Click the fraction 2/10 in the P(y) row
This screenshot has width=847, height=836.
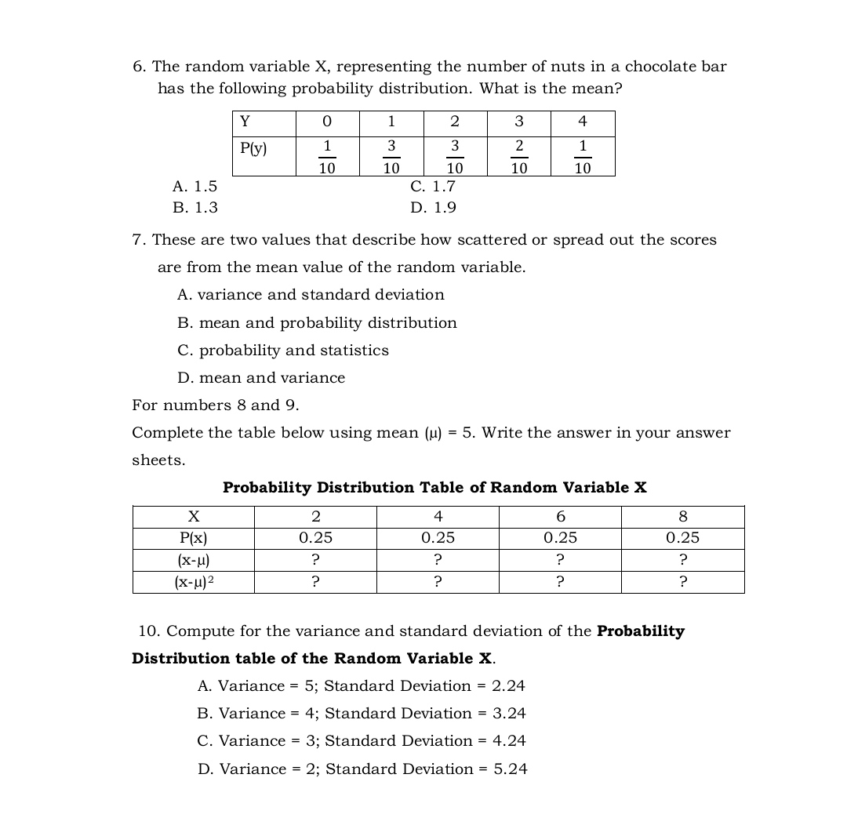point(518,157)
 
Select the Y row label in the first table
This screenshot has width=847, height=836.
point(245,122)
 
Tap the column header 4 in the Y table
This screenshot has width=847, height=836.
point(582,122)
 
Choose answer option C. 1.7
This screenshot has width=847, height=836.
point(432,187)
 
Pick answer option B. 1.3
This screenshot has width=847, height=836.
point(195,208)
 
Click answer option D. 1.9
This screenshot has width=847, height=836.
point(433,208)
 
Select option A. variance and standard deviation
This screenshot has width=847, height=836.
point(311,295)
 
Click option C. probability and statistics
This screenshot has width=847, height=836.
point(283,351)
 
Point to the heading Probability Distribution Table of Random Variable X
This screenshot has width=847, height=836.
point(434,488)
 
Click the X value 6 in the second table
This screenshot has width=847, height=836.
point(560,517)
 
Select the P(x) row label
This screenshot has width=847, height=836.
point(194,538)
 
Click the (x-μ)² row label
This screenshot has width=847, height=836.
point(194,582)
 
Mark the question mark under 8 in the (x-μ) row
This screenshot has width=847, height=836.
point(682,560)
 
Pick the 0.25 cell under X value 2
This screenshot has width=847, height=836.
point(315,538)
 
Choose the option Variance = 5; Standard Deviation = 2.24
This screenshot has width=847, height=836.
point(361,686)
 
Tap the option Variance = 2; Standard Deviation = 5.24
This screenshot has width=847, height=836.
point(362,769)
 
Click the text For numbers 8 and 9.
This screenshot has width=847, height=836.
point(215,405)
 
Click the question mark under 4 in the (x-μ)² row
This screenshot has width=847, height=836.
point(438,582)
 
